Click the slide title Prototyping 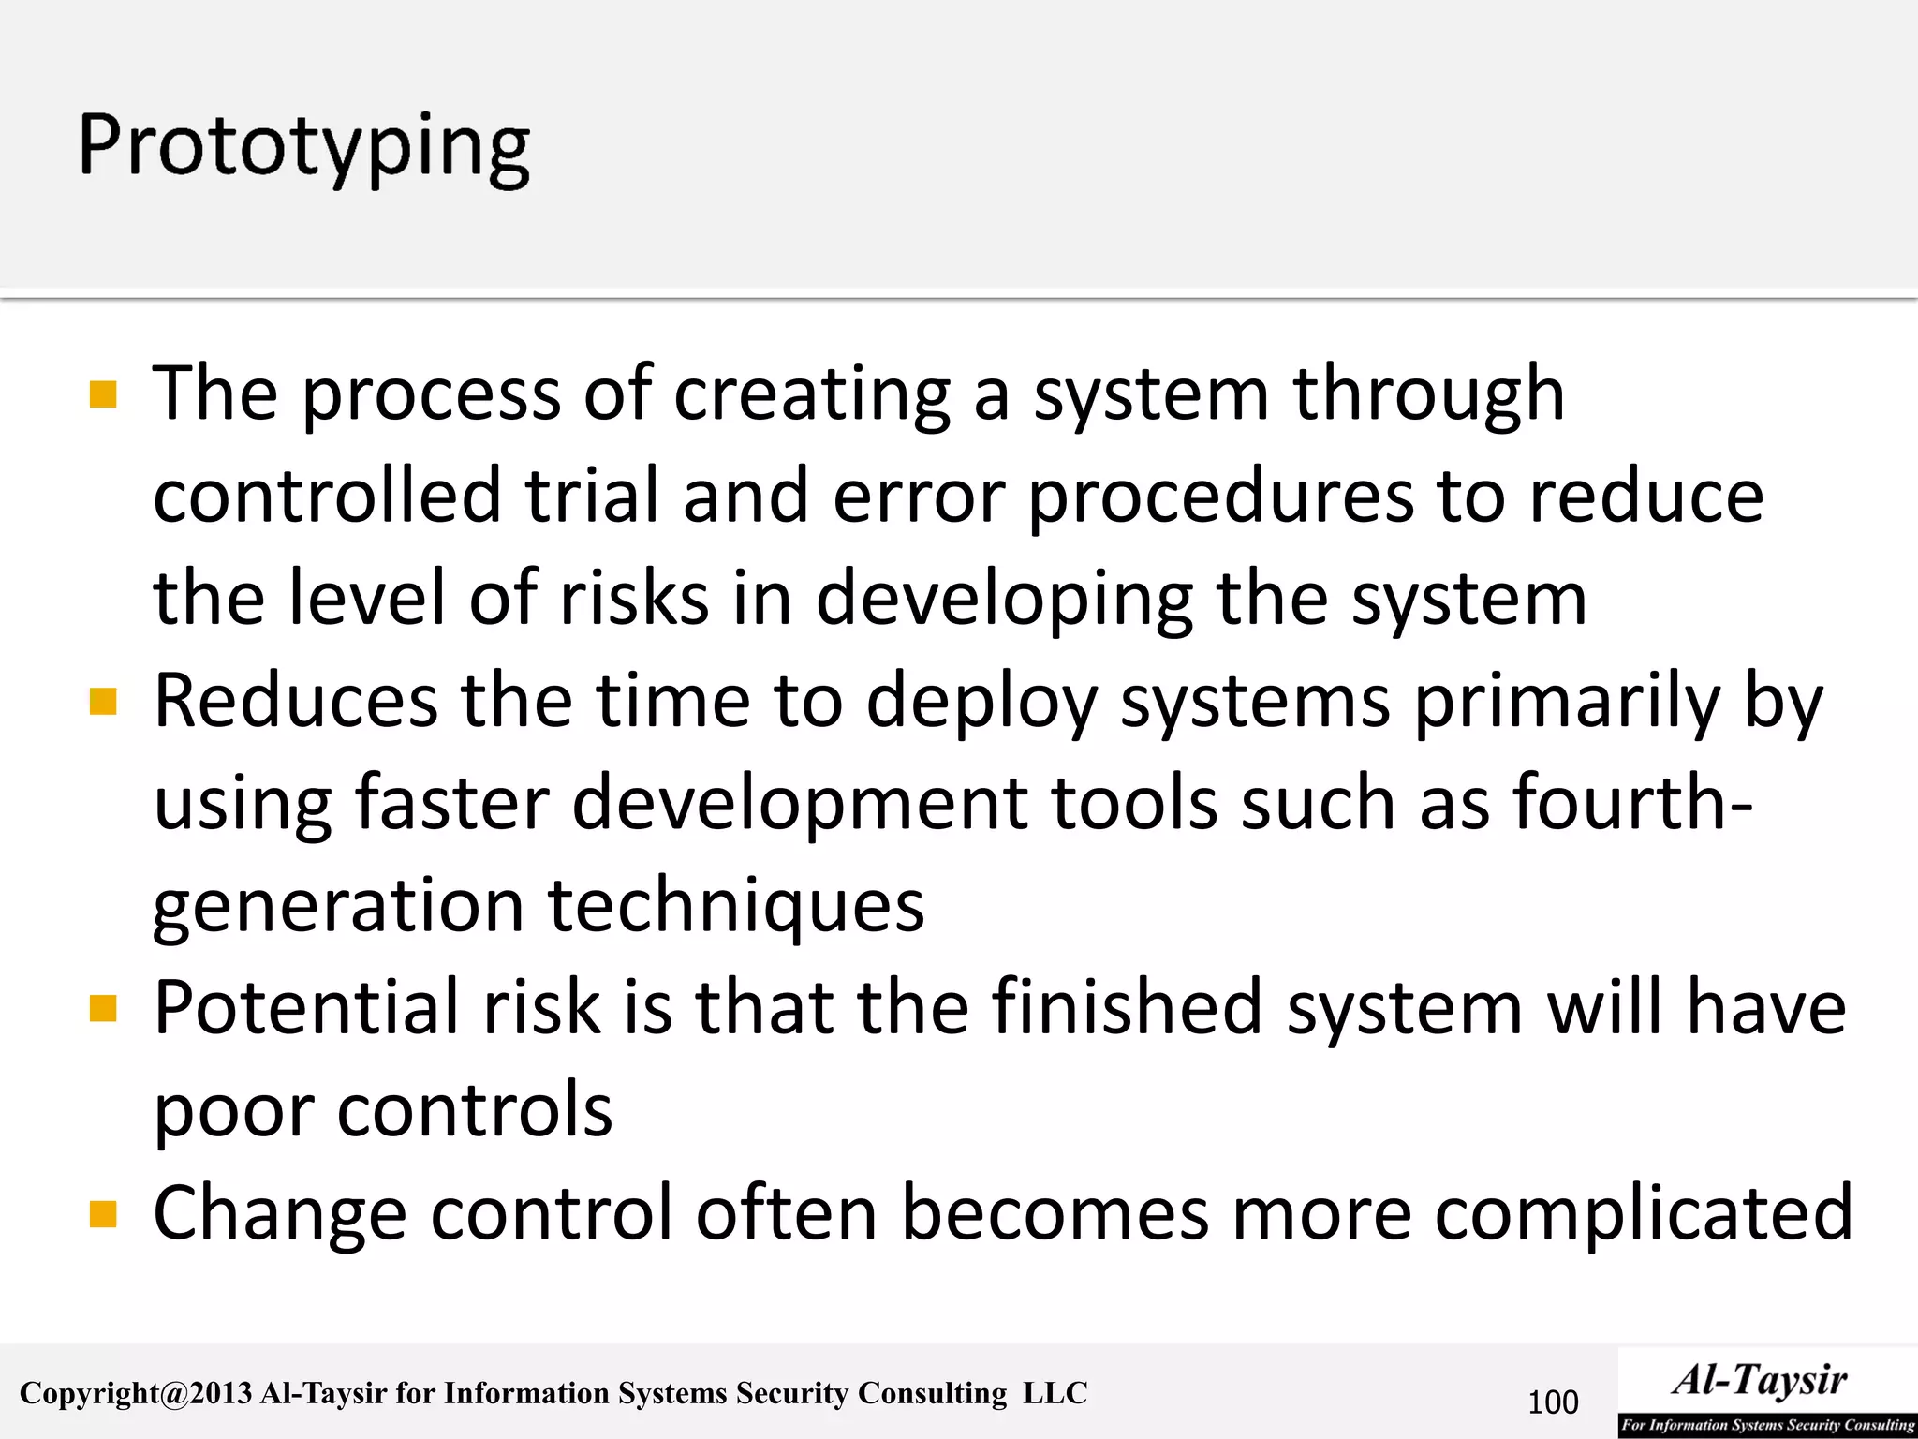304,148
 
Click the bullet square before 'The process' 103,394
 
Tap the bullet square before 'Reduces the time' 103,702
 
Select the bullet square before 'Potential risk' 103,1009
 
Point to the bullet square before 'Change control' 103,1214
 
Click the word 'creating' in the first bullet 812,394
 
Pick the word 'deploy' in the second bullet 981,702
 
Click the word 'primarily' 1567,702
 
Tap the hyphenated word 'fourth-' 1632,804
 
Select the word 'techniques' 736,906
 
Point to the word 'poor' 234,1111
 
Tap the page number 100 1553,1402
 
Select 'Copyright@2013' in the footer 136,1394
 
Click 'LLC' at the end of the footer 1055,1393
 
